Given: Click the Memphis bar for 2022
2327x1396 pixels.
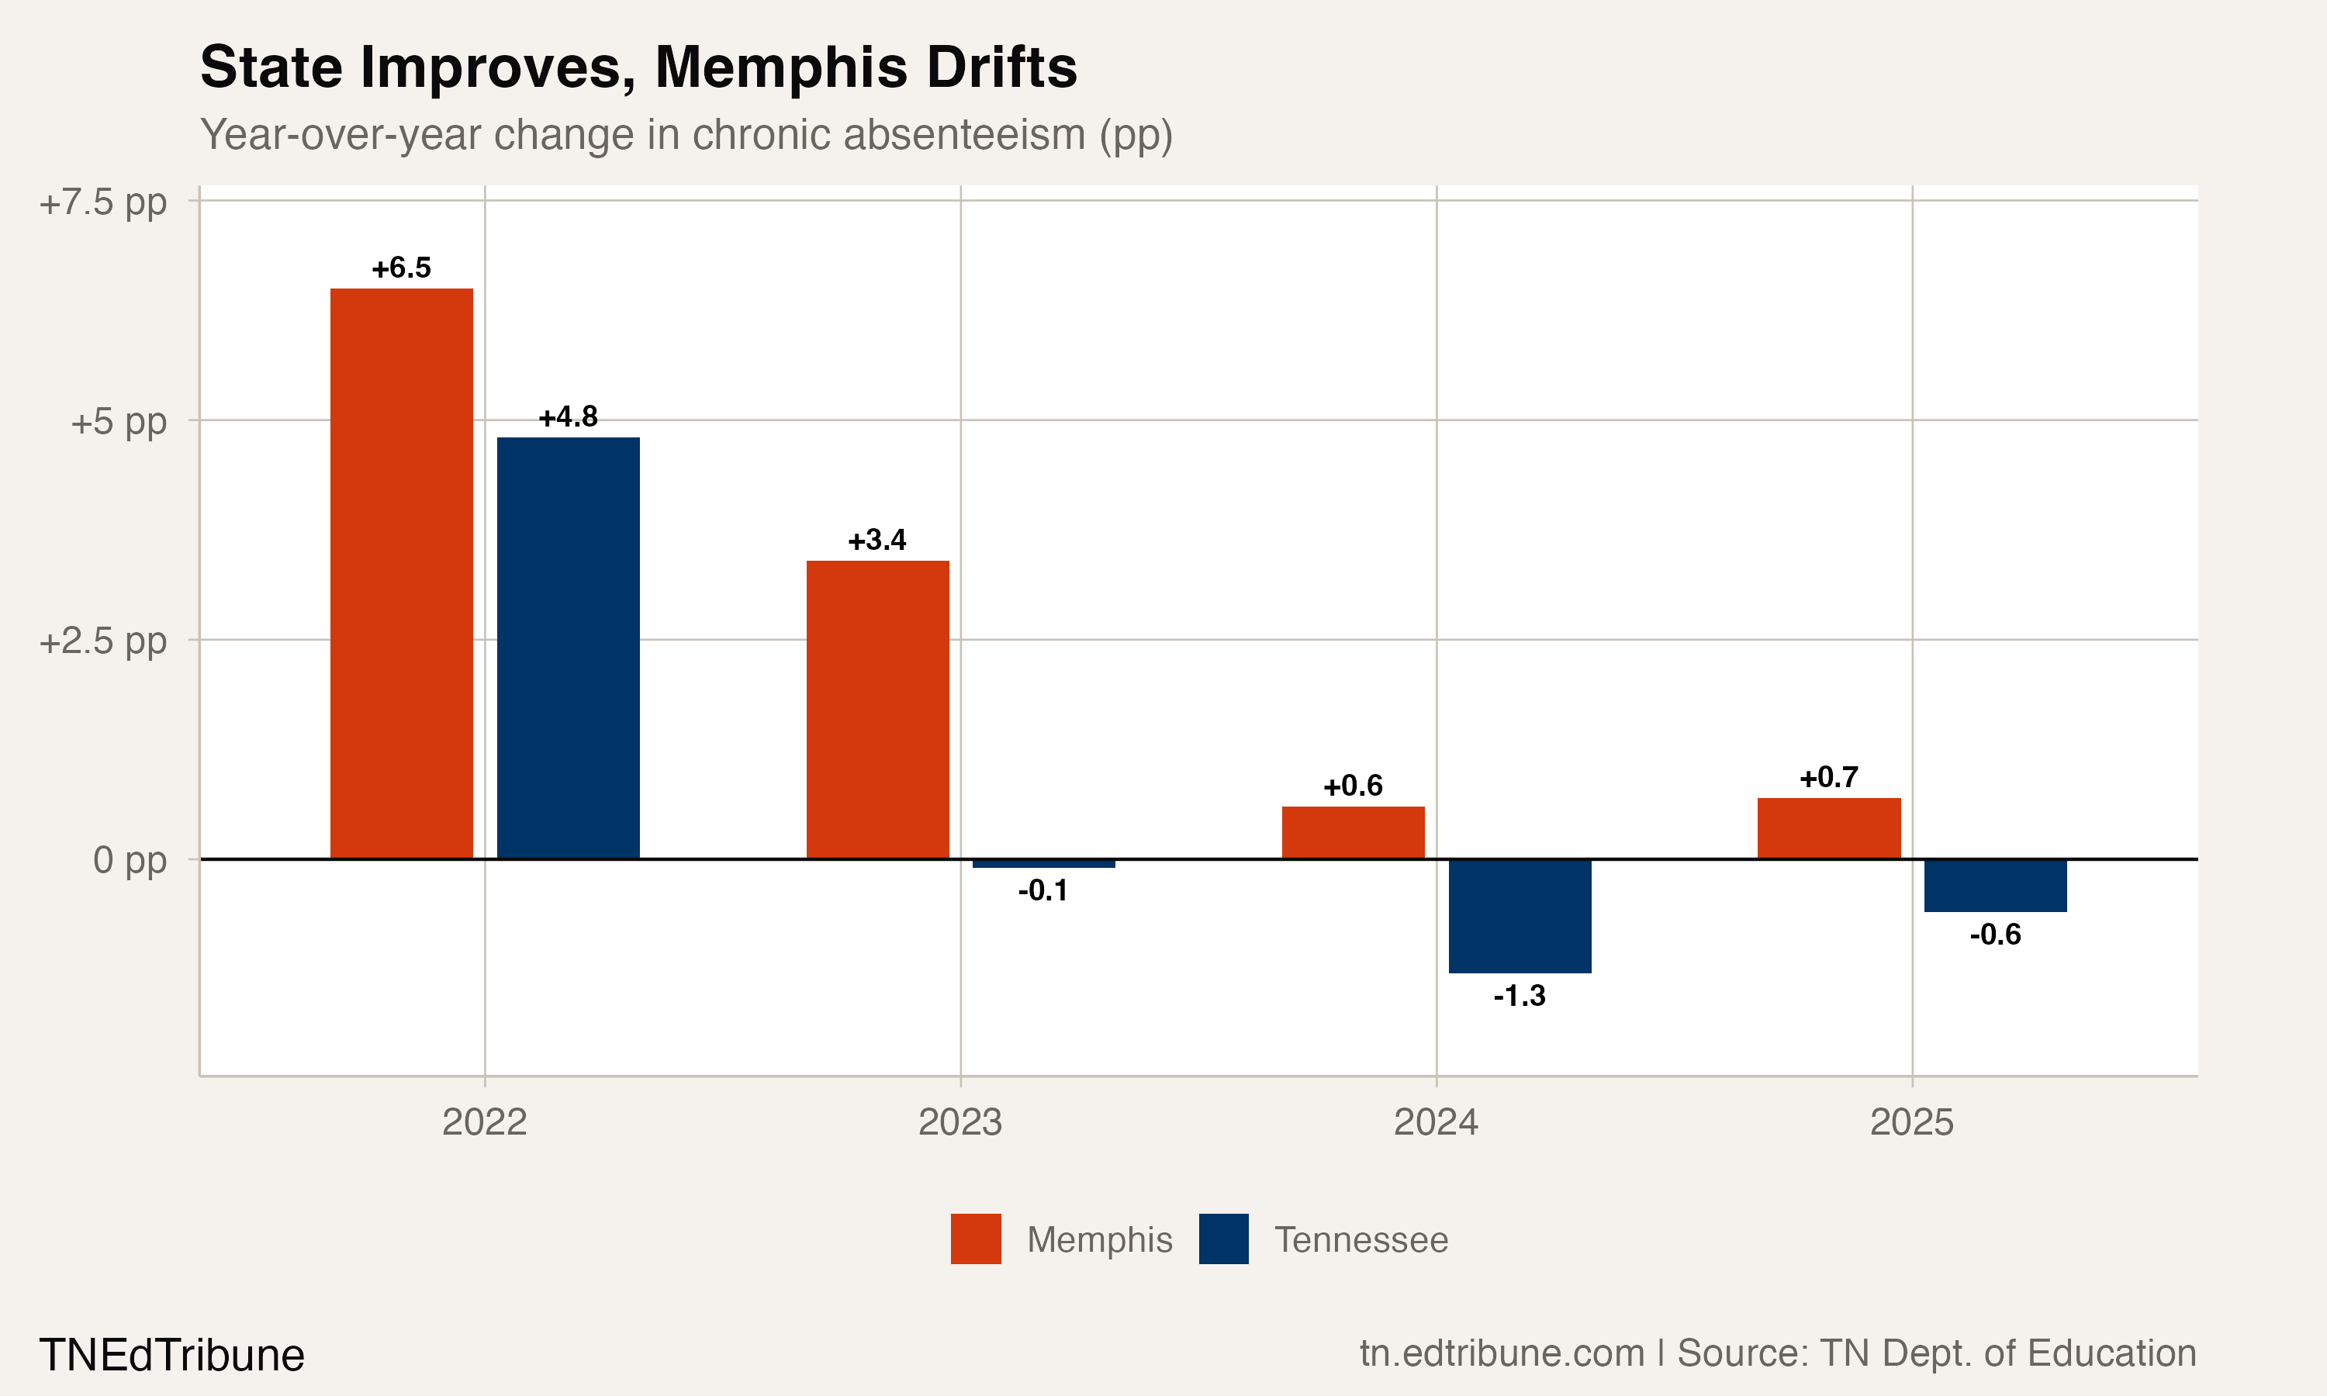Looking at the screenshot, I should coord(402,574).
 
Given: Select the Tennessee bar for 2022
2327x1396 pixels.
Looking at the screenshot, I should coord(568,648).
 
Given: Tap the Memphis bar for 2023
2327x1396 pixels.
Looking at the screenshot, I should coord(877,710).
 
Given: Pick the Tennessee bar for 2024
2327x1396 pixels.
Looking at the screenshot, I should coord(1520,915).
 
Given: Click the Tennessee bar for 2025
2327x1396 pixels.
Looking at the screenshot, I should coord(1995,885).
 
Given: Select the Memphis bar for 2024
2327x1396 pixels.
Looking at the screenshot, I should coord(1353,832).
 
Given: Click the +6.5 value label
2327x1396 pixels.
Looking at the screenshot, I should coord(402,268).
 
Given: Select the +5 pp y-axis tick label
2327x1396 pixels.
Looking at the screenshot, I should coord(119,421).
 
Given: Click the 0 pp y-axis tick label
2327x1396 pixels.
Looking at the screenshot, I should coord(130,860).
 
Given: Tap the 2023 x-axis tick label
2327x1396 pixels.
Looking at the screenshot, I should coord(960,1122).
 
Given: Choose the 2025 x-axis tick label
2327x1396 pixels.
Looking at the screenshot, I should coord(1911,1122).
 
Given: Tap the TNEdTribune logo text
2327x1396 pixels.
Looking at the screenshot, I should coord(172,1356).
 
